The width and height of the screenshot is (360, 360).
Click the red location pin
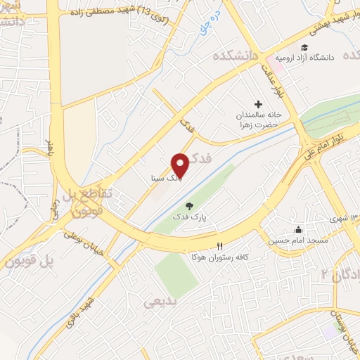click(181, 165)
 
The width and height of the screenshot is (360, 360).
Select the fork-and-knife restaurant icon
click(220, 245)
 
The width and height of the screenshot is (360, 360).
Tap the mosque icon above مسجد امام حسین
click(298, 229)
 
